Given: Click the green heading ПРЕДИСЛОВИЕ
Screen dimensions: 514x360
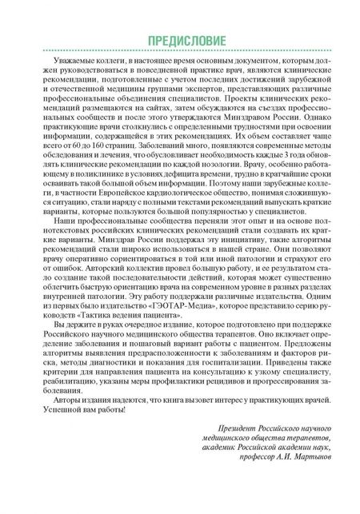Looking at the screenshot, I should pos(180,41).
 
